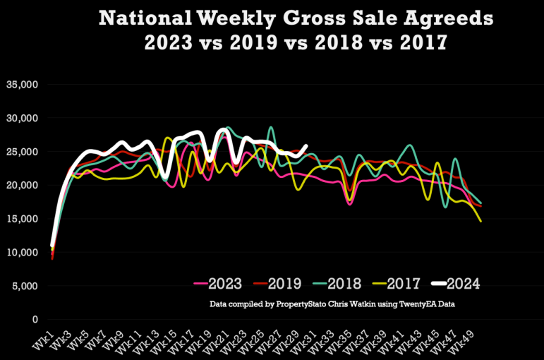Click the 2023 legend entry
pos(218,284)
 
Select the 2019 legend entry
pos(277,284)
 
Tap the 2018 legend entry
pos(337,284)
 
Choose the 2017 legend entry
pos(397,284)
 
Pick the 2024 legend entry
pos(456,284)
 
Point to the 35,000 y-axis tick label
pos(22,85)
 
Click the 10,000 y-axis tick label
pos(22,253)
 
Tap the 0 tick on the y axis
pos(35,319)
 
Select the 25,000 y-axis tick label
pos(22,152)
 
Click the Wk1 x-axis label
pos(43,340)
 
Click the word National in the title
pos(145,18)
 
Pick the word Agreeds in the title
pos(448,19)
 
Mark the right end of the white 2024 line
pos(306,146)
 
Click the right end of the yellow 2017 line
pos(480,221)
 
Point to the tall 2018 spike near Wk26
pos(271,128)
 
